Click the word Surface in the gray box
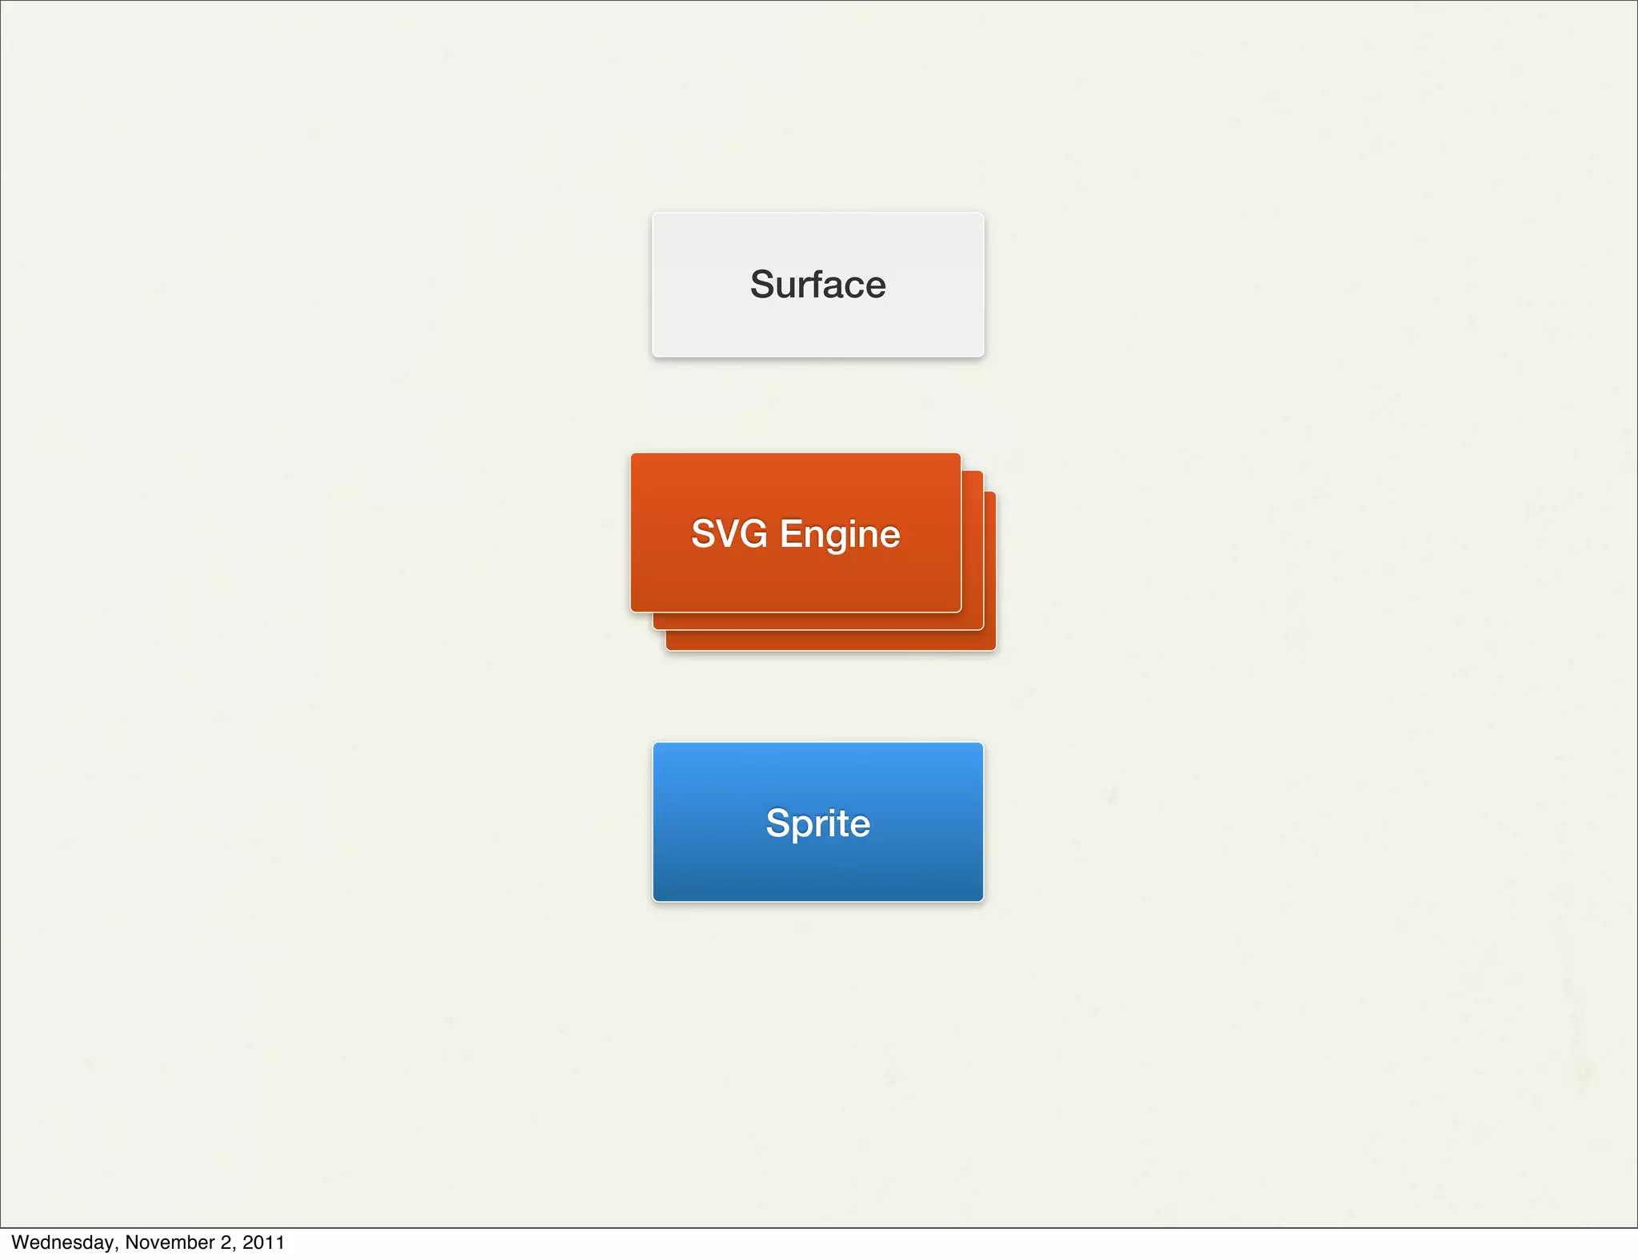coord(817,285)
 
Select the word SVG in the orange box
coord(729,534)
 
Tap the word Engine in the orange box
coord(840,535)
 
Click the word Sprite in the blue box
coord(817,823)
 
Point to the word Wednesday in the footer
coord(62,1242)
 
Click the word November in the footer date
coord(168,1242)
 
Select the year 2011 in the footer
coord(263,1242)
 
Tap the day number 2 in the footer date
coord(226,1242)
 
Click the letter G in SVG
coord(753,534)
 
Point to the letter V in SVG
coord(726,534)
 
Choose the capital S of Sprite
coord(777,823)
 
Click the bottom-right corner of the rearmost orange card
coord(994,648)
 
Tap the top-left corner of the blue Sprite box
coord(655,744)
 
